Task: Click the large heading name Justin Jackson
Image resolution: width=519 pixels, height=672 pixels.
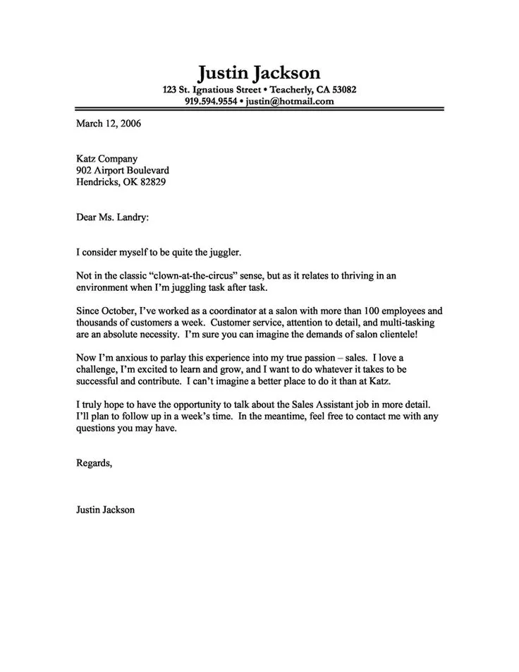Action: tap(259, 72)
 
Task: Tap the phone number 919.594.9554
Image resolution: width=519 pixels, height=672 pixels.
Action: tap(210, 101)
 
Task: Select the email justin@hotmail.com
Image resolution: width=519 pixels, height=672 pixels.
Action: tap(290, 101)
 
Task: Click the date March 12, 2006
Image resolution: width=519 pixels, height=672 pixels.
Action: tap(109, 123)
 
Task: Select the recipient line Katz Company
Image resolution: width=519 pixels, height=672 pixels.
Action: tap(106, 160)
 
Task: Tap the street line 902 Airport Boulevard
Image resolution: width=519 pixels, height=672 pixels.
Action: tap(122, 171)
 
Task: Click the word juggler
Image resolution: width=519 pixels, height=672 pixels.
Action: tap(225, 251)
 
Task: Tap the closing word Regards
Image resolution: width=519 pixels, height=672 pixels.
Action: tap(94, 463)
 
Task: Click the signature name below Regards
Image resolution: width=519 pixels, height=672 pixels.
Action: tap(105, 509)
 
